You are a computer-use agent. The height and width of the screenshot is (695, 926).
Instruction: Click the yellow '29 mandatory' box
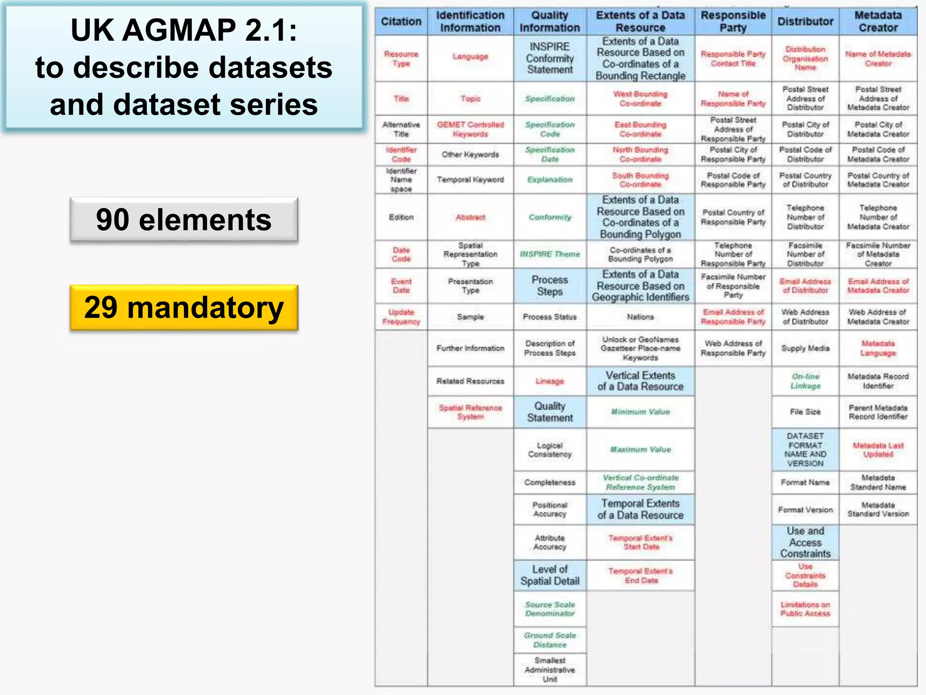tap(184, 308)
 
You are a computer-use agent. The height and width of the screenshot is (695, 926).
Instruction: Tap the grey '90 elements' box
tap(184, 220)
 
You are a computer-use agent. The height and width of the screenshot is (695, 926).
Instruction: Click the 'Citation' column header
tap(401, 21)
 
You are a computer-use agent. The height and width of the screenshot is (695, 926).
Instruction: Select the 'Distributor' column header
tap(805, 21)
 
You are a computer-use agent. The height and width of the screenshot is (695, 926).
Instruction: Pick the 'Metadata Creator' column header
tap(878, 21)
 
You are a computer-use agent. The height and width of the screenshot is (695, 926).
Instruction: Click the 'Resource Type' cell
tap(401, 59)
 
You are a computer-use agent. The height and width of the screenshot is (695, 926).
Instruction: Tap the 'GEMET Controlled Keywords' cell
tap(470, 129)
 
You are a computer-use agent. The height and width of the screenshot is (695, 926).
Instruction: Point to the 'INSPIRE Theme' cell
tap(550, 254)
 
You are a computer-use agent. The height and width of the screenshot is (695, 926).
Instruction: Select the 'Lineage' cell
tap(550, 381)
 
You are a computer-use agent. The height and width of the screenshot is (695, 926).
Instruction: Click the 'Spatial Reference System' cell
tap(470, 412)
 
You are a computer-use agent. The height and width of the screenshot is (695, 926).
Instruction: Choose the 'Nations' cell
tap(640, 317)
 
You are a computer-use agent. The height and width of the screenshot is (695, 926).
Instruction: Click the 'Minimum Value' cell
tap(640, 412)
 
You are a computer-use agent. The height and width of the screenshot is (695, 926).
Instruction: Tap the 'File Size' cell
tap(805, 412)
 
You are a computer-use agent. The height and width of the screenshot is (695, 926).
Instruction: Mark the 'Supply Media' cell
tap(805, 348)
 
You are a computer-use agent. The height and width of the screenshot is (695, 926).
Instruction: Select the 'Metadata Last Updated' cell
tap(878, 450)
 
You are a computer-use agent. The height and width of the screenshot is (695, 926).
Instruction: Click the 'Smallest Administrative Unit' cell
tap(550, 670)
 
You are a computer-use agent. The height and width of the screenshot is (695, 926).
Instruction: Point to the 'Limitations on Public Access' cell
tap(805, 609)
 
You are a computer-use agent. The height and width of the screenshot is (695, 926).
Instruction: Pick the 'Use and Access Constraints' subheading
tap(805, 542)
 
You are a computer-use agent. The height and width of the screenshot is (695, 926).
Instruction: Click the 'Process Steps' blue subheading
tap(550, 286)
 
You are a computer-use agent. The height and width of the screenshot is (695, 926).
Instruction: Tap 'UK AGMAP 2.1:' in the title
tap(184, 30)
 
